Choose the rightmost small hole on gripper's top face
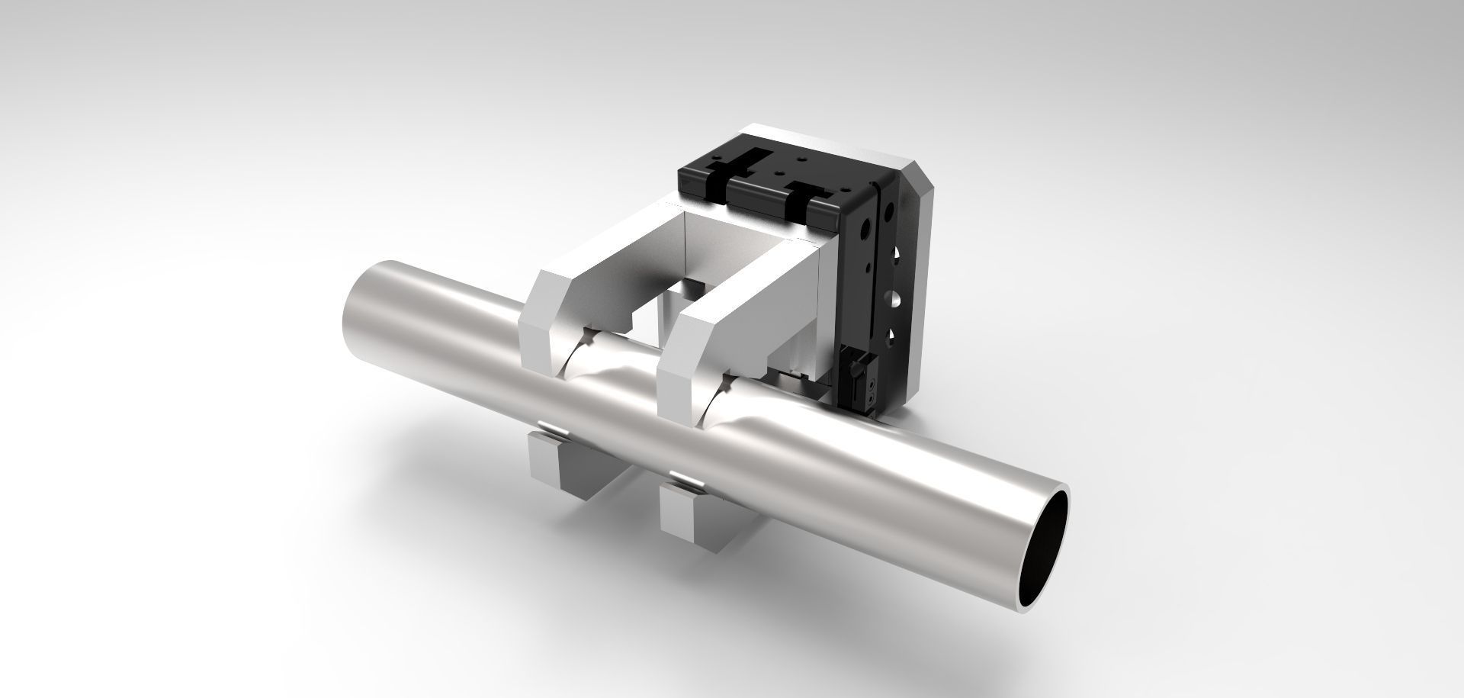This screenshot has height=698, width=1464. tap(845, 190)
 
